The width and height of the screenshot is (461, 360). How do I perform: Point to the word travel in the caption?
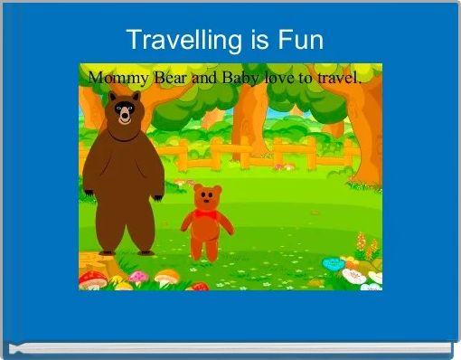[x=335, y=78]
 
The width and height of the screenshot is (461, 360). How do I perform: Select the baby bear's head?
[x=209, y=198]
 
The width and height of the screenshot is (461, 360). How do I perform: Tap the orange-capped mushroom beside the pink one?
[x=165, y=277]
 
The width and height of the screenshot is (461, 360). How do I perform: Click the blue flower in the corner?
[x=333, y=263]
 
